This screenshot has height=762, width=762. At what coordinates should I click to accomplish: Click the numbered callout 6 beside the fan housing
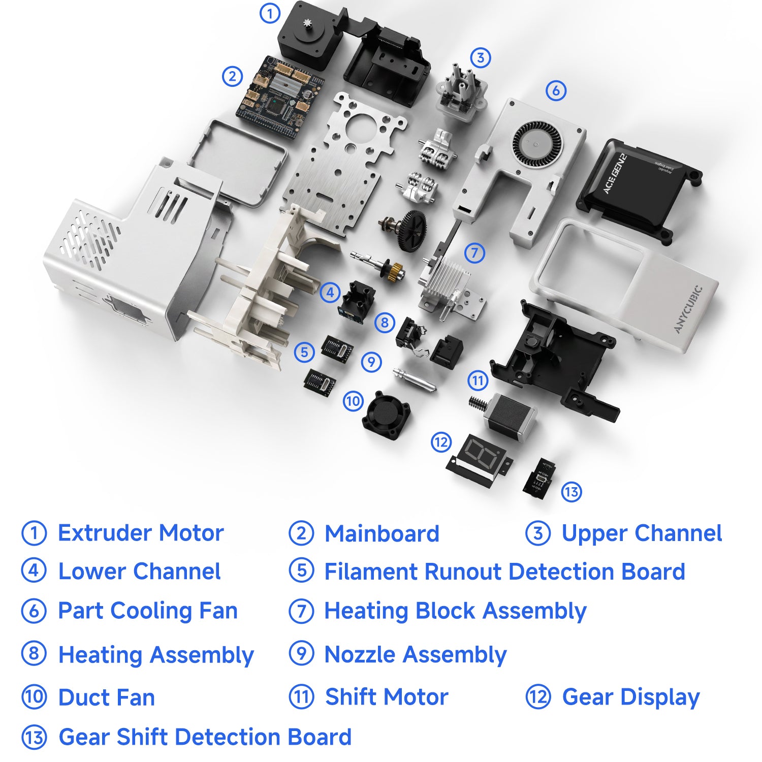[556, 91]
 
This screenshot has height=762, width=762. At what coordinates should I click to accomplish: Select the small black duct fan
[387, 414]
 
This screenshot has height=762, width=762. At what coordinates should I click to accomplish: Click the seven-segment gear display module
[480, 460]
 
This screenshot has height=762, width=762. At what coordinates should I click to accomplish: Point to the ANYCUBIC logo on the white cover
[688, 309]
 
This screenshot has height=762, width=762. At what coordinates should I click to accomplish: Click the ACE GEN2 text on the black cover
[615, 174]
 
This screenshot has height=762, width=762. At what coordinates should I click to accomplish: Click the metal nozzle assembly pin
[414, 379]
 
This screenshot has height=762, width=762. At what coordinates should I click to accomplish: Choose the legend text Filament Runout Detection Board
[504, 571]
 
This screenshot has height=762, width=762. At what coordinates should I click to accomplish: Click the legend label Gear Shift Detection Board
[205, 737]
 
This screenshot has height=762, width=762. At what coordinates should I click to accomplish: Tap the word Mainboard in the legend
[382, 533]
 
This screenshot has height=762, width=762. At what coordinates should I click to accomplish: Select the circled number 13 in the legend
[34, 737]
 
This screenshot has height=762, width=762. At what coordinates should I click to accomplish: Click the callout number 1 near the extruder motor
[270, 13]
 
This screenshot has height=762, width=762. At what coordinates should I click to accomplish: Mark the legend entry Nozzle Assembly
[416, 655]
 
